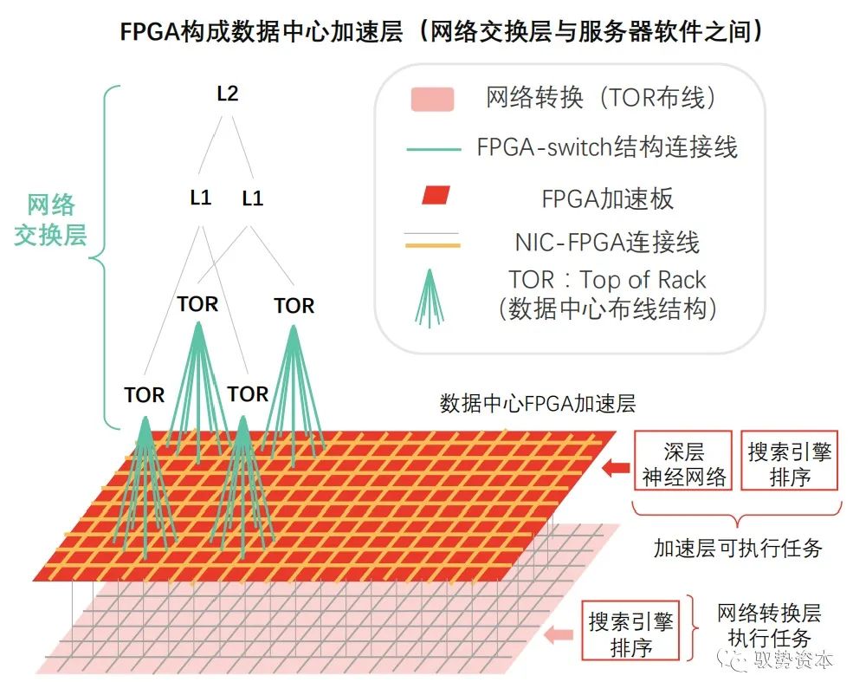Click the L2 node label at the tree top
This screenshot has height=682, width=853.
[x=227, y=94]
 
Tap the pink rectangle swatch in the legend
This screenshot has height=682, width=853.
[x=432, y=99]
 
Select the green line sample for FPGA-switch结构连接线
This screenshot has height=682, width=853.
[x=433, y=149]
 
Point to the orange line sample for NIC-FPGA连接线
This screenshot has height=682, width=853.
[x=433, y=245]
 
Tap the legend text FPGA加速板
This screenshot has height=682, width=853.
[x=607, y=198]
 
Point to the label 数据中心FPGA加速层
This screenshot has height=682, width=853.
[x=538, y=404]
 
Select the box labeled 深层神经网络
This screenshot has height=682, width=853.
[x=683, y=464]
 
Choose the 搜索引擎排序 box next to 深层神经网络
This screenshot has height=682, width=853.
[x=789, y=464]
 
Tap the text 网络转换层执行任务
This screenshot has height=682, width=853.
[x=768, y=627]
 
